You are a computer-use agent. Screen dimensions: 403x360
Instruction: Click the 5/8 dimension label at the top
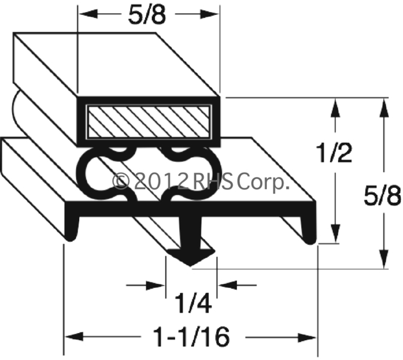coord(148,15)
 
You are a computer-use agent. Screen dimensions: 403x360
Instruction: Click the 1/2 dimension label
coord(335,153)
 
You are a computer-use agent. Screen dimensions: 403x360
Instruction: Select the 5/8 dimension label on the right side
coord(383,196)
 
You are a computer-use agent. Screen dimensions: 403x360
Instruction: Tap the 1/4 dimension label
coord(193,304)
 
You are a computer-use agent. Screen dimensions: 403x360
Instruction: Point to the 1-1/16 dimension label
coord(191,337)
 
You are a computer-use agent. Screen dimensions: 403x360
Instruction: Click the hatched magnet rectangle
coord(148,122)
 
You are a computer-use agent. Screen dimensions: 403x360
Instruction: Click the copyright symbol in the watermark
coord(121,181)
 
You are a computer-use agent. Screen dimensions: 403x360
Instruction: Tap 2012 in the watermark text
coord(160,181)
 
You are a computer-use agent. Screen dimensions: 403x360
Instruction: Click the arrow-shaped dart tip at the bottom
coord(190,257)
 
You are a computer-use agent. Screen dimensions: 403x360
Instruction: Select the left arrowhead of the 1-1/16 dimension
coord(74,337)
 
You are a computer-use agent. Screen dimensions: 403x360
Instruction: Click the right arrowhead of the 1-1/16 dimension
coord(307,337)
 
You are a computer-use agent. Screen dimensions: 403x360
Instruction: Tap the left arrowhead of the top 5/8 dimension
coord(88,14)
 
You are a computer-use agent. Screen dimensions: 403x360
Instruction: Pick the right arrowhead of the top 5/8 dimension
coord(209,14)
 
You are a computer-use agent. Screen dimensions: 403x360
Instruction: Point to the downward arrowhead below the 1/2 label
coord(335,233)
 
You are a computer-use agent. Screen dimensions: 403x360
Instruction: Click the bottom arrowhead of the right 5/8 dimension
coord(384,259)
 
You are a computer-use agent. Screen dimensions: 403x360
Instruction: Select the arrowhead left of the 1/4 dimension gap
coord(155,285)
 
